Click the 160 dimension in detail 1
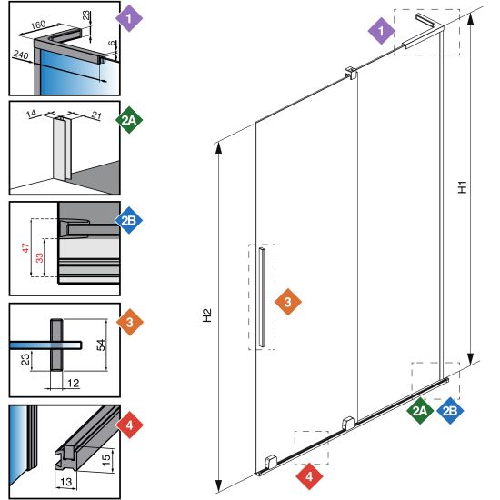[38, 25]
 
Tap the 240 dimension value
[21, 55]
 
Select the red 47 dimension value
[25, 248]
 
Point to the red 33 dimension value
[39, 257]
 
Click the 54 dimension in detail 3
[101, 345]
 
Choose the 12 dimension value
[73, 383]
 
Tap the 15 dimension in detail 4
[106, 458]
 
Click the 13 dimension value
[66, 482]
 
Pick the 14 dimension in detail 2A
[31, 114]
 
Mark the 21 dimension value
[96, 115]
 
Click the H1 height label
[463, 187]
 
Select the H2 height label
[207, 315]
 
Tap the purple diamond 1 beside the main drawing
[382, 31]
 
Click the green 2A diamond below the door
[420, 411]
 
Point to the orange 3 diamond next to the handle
[288, 302]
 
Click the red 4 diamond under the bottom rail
[309, 476]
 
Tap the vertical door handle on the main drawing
[262, 297]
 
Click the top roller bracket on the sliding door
[350, 73]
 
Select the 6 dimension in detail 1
[111, 43]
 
